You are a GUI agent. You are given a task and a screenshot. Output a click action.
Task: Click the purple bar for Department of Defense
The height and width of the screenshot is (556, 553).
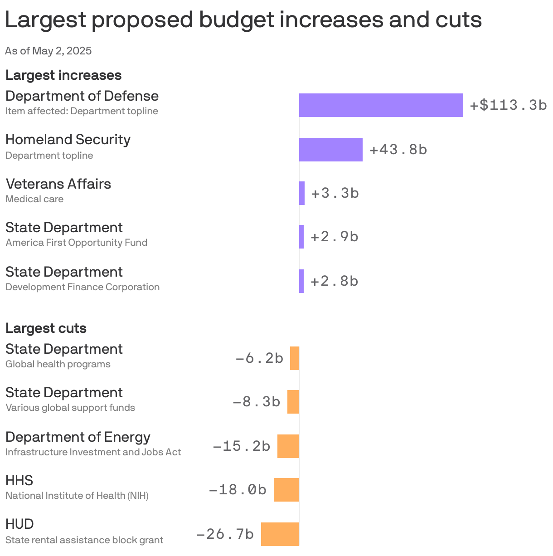click(381, 105)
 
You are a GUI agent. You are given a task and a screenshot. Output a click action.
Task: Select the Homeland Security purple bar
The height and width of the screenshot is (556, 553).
click(331, 150)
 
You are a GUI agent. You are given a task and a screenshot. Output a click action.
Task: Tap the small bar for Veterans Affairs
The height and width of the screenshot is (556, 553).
click(302, 193)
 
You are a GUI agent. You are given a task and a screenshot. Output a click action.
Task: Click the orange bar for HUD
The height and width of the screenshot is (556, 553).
click(280, 534)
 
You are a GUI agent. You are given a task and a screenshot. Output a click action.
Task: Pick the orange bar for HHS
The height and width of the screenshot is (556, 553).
click(286, 490)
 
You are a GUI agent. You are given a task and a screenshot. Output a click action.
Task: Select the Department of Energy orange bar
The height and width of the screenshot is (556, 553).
click(288, 446)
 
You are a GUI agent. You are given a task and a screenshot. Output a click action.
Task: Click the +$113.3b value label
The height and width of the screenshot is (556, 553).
click(508, 105)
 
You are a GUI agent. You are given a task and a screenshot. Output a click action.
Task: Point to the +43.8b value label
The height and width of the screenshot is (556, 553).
click(398, 150)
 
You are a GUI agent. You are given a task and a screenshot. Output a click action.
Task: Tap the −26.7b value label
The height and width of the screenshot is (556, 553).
click(225, 534)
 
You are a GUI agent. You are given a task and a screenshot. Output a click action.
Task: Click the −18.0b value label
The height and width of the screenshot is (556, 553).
click(238, 490)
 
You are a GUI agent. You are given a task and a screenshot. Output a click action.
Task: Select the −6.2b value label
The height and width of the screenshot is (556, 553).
click(259, 358)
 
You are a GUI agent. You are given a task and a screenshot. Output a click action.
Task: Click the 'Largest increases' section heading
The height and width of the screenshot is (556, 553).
click(63, 75)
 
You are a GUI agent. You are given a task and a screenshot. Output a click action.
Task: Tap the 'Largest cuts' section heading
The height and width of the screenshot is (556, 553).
click(46, 328)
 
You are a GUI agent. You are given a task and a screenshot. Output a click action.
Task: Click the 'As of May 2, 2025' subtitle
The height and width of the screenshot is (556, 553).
click(48, 51)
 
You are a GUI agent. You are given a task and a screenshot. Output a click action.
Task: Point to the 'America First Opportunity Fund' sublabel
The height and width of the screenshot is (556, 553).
click(76, 243)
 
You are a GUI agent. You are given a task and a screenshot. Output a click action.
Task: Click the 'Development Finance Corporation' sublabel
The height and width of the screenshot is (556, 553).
click(82, 287)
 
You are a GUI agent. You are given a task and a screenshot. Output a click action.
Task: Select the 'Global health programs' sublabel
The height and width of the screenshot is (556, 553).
click(58, 364)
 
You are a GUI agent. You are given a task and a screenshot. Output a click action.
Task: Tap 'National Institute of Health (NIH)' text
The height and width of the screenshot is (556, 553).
click(77, 496)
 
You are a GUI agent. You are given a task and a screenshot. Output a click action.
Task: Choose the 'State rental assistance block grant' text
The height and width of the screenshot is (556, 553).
click(84, 540)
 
